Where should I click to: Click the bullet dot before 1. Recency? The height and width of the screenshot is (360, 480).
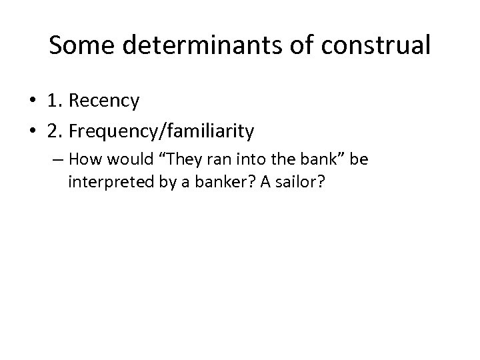tap(31, 102)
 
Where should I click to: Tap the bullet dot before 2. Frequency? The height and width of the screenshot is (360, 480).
tap(31, 132)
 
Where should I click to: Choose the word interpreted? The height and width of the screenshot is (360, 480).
tap(107, 182)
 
